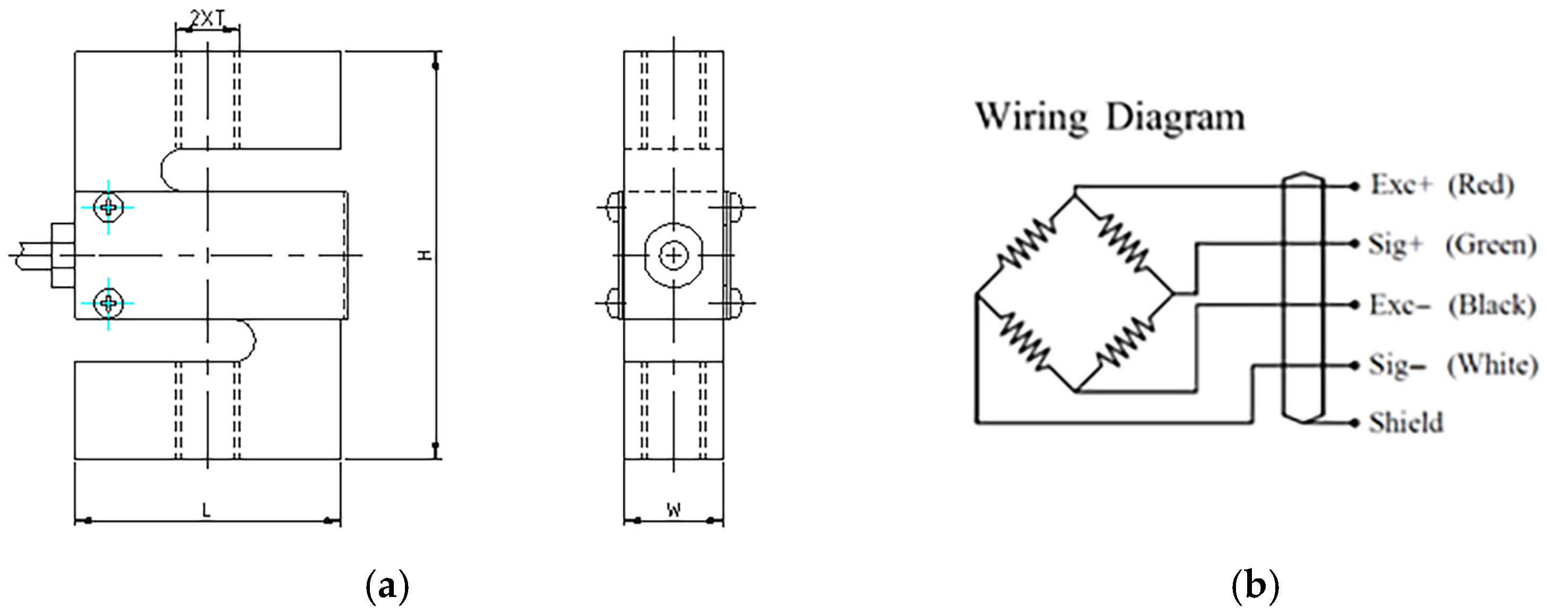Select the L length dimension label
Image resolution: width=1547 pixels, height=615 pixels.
coord(206,511)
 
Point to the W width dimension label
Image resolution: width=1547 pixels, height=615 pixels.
coord(675,511)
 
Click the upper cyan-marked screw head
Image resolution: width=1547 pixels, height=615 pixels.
coord(109,207)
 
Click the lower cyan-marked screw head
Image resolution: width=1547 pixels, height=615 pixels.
coord(109,302)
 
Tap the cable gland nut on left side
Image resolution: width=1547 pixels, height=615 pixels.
coord(63,256)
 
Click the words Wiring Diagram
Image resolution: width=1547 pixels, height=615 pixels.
coord(1109,117)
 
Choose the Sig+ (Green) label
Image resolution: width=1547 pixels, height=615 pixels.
coord(1451,245)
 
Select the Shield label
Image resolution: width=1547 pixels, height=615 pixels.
coord(1405,423)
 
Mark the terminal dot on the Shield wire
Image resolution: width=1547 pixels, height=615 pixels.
coord(1354,423)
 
